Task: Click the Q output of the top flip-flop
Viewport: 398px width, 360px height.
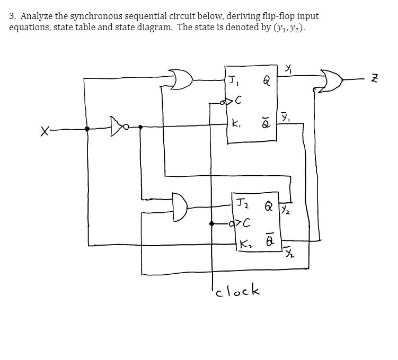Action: [268, 82]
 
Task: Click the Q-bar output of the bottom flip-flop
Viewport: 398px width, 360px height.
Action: [269, 244]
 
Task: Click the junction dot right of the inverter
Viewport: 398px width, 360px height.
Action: [140, 128]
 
